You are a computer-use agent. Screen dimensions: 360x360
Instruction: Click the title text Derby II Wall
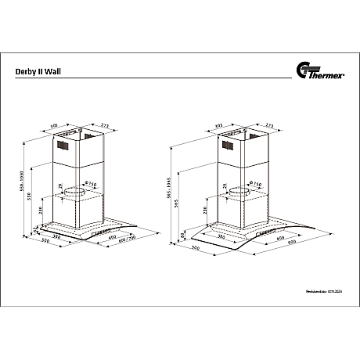point(38,70)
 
